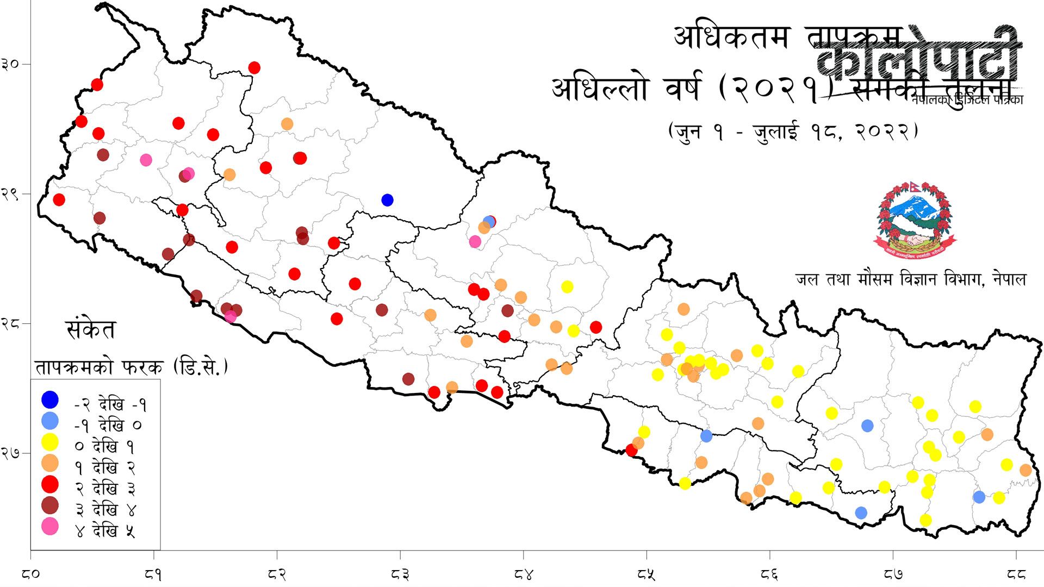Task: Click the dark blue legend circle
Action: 50,400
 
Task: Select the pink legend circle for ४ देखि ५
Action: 50,527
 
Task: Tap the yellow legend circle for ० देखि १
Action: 50,442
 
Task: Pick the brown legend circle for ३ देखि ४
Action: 50,505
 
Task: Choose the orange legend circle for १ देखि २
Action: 50,463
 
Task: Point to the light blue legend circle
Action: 50,421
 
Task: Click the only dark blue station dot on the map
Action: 387,200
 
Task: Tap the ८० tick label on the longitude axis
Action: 32,574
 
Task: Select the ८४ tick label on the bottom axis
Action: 523,574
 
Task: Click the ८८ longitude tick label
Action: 1016,574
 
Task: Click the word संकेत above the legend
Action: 90,330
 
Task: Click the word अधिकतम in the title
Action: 731,37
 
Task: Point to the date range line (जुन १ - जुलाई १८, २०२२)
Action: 793,132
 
